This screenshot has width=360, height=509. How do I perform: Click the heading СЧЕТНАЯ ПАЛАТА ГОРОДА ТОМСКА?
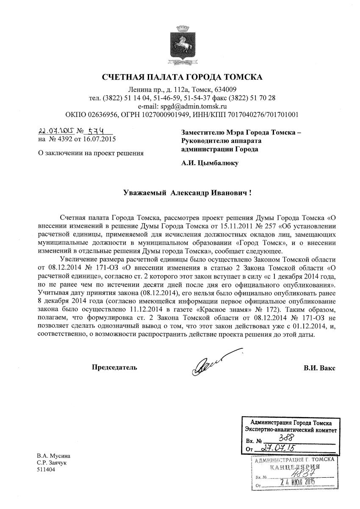182,77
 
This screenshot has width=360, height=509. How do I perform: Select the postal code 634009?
226,89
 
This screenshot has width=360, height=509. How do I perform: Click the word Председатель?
114,367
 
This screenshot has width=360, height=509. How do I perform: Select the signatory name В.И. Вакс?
319,367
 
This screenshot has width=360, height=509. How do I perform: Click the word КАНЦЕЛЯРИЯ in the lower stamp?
295,467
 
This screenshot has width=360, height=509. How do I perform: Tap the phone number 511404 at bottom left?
46,470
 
